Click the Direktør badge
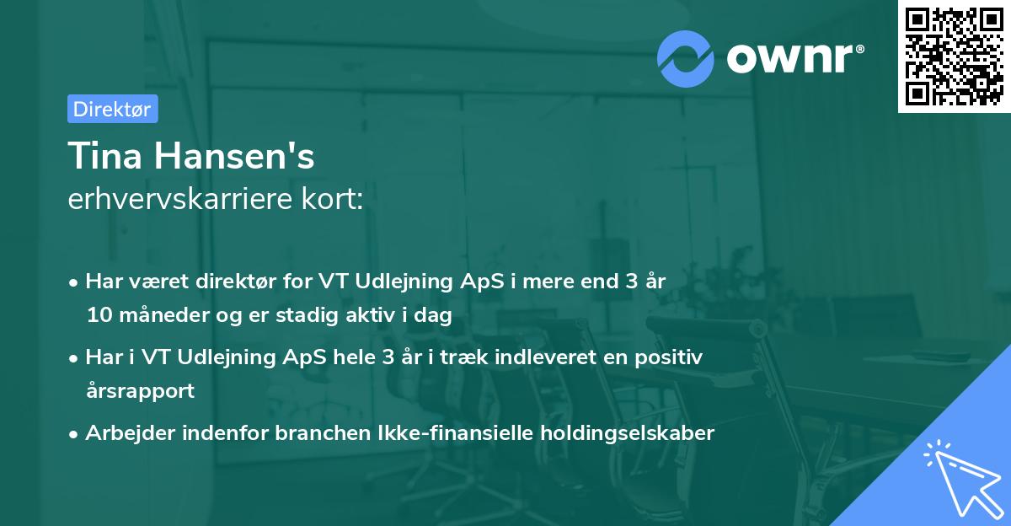point(112,109)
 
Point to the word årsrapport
point(140,391)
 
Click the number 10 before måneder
point(98,316)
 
